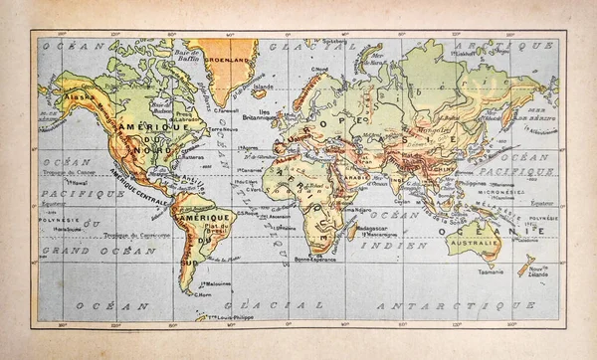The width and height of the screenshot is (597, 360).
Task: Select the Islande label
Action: [x=260, y=88]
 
